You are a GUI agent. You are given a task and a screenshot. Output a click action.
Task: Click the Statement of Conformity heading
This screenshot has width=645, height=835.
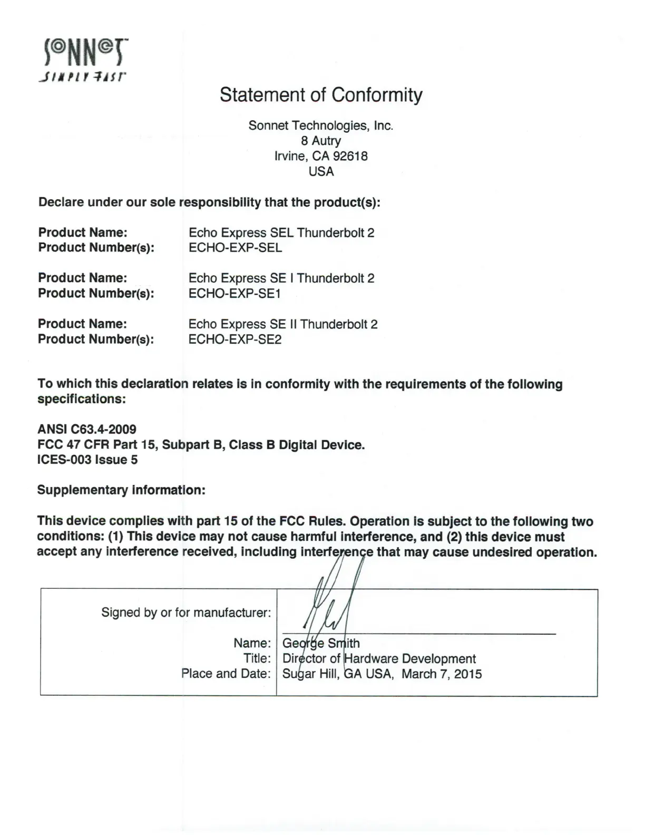321,95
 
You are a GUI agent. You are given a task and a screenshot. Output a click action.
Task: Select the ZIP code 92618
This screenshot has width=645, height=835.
350,156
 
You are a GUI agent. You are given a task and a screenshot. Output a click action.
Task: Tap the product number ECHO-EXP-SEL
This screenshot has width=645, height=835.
235,248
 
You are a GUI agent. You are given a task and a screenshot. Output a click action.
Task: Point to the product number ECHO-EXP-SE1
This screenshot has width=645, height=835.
234,294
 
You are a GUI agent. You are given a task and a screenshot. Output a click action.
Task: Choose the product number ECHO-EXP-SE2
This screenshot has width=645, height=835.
235,339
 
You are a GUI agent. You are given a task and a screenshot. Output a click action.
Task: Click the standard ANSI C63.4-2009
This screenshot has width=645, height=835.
87,430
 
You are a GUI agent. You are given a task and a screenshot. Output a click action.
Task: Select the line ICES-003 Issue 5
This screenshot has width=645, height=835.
87,460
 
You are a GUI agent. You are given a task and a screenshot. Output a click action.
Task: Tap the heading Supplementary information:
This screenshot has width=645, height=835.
121,490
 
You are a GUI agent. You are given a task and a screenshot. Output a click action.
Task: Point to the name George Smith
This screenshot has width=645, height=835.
321,644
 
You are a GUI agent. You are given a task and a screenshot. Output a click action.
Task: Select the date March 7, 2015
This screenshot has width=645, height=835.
442,674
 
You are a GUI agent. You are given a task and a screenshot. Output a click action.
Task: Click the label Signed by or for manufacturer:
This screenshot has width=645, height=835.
186,613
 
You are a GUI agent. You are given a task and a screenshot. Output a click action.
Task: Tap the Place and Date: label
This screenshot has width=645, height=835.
226,674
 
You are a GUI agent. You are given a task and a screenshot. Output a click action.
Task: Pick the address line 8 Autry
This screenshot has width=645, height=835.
321,141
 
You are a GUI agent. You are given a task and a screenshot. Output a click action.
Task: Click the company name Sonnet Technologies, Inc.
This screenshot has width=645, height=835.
321,125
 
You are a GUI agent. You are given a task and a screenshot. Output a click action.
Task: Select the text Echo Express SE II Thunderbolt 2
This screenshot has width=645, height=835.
283,324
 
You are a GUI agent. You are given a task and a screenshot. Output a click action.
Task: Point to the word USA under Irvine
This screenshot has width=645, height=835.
321,171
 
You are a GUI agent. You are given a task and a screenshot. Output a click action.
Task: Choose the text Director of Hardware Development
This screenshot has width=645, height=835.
379,659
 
